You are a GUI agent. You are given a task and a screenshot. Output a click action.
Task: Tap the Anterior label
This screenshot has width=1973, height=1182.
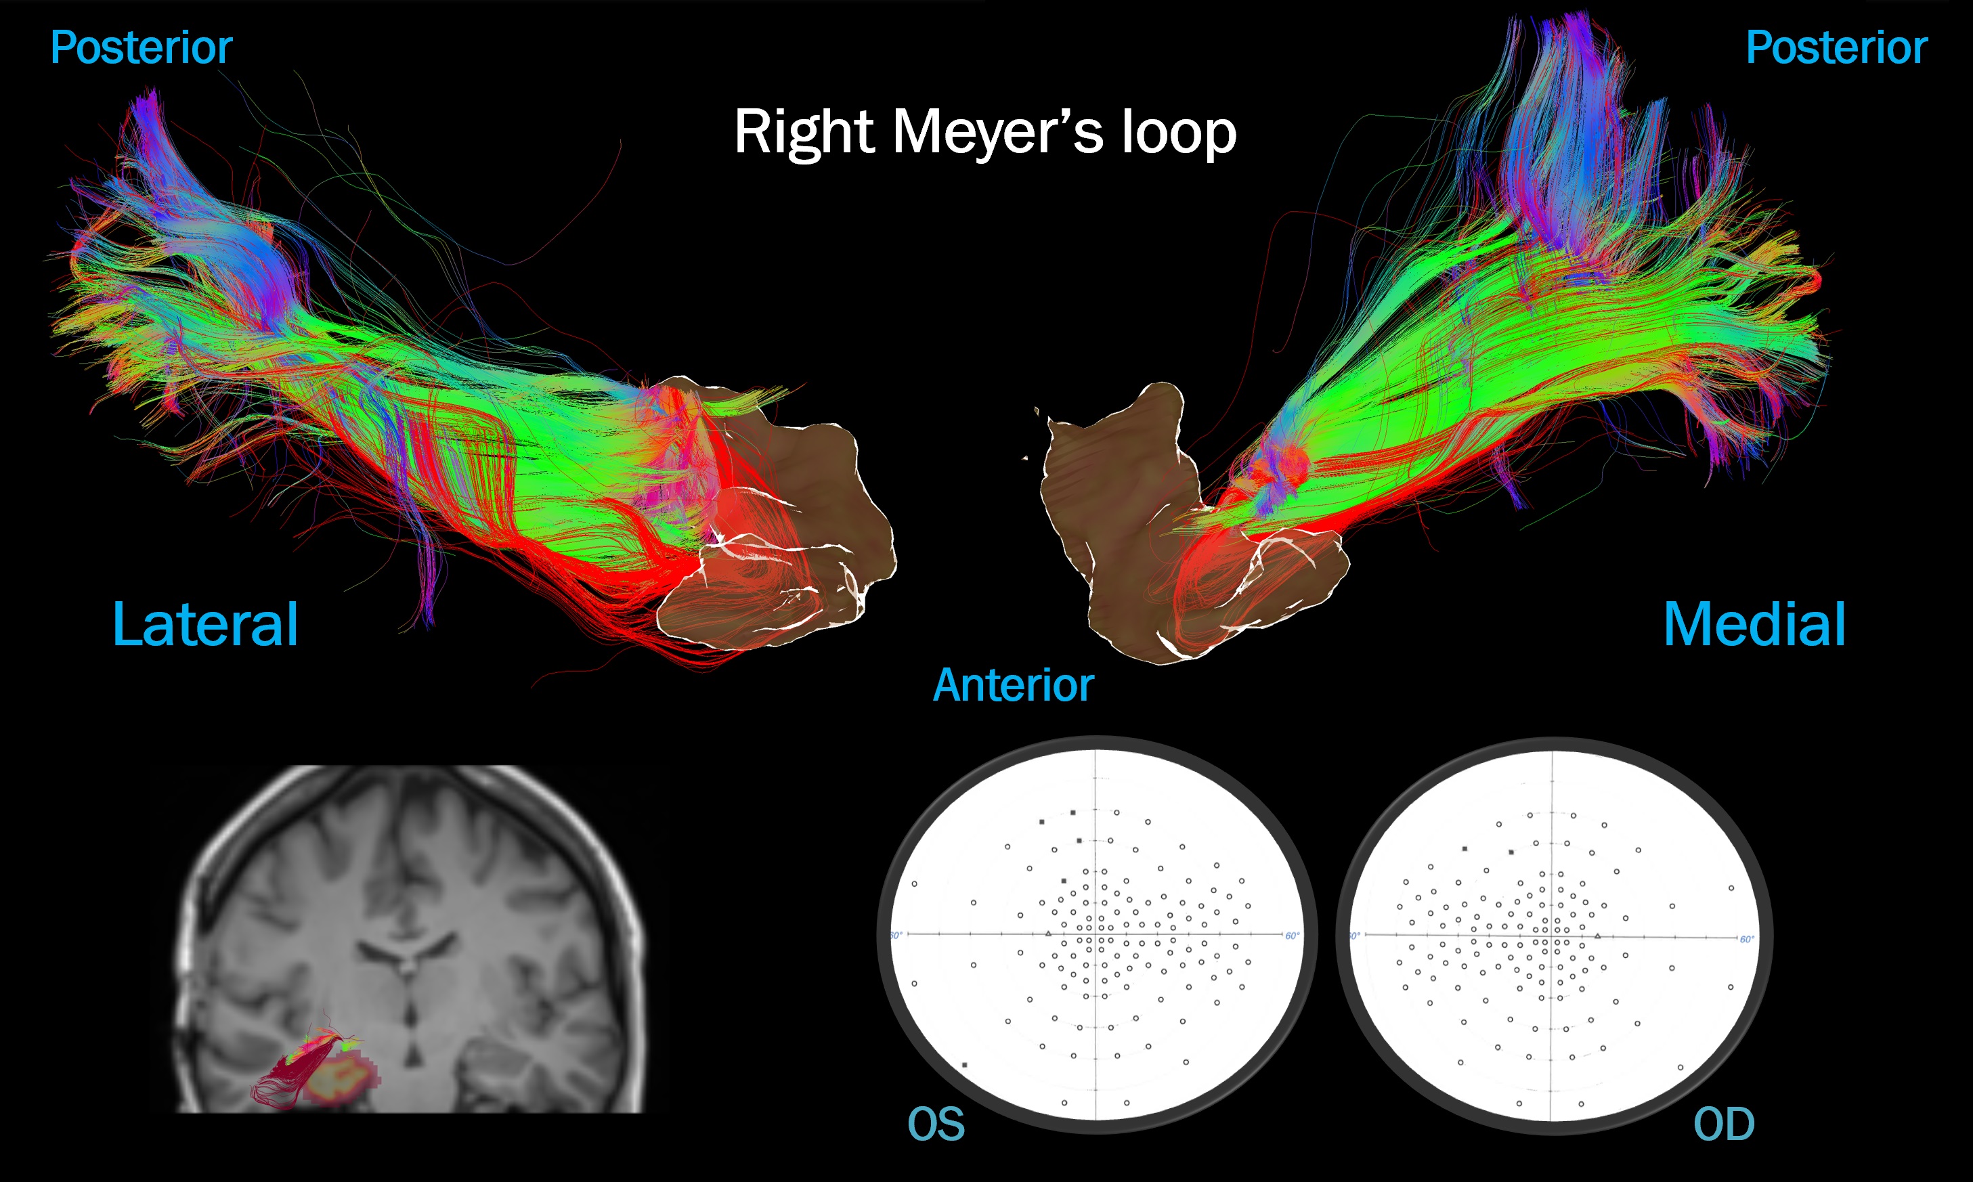[1013, 685]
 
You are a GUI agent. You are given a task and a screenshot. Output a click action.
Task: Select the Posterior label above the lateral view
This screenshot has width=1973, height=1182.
[141, 48]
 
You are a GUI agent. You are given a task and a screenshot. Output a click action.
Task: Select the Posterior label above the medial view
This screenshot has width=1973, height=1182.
[1836, 48]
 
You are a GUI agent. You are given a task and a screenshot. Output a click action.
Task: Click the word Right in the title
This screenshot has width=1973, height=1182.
[804, 132]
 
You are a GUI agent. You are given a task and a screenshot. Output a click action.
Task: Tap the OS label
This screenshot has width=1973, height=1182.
[936, 1124]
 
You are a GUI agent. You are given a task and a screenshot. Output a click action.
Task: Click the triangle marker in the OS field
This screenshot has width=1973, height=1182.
[1048, 934]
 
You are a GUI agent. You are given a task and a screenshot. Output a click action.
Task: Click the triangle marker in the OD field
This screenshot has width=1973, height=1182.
[1598, 936]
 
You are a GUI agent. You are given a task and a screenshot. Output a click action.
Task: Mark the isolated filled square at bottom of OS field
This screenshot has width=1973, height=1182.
[965, 1065]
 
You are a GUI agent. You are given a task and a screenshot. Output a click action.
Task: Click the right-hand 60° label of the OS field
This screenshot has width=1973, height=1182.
[1292, 936]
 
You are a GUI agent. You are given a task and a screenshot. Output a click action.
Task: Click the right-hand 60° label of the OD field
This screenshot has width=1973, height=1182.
[1746, 940]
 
